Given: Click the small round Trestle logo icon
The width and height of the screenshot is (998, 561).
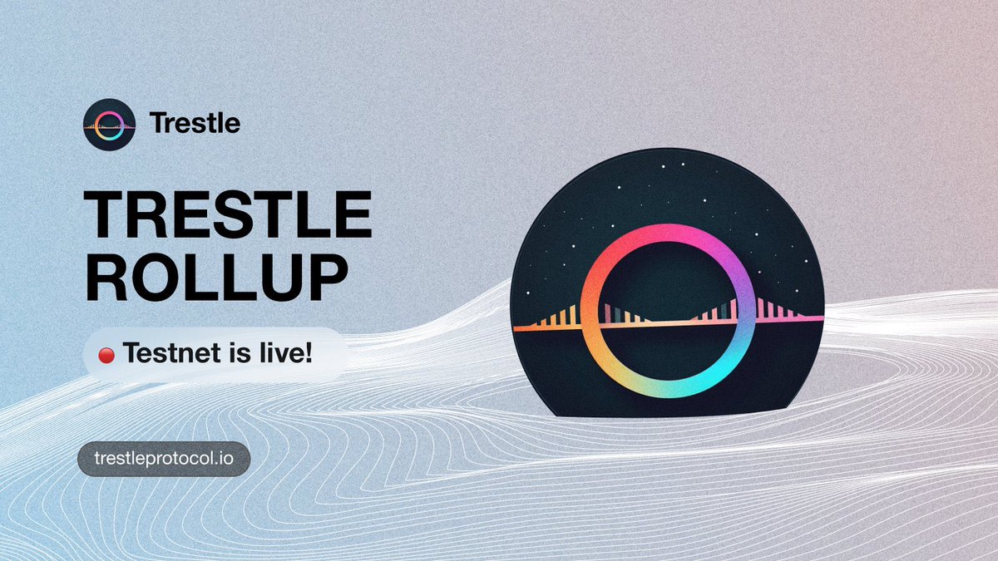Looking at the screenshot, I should click(x=109, y=125).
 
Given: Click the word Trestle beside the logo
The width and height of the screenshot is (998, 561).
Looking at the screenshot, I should click(x=195, y=124).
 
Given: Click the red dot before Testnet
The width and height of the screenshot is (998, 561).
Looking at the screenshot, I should click(x=106, y=356).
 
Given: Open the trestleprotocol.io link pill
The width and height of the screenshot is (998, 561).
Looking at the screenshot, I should click(x=164, y=459).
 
